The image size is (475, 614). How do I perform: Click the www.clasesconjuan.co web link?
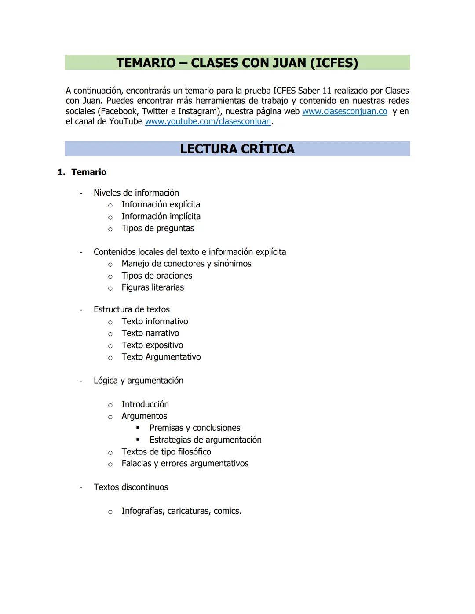click(x=344, y=112)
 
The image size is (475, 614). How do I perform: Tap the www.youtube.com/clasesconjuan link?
click(x=208, y=122)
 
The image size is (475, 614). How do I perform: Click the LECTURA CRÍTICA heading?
click(x=237, y=149)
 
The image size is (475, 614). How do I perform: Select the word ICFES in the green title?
click(x=334, y=63)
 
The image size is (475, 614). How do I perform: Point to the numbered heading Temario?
click(x=88, y=172)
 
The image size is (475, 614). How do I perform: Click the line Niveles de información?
click(x=136, y=193)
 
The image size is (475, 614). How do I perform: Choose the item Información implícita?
click(x=161, y=217)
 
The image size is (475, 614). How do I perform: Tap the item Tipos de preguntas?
click(x=157, y=229)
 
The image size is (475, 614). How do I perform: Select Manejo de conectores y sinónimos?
click(x=186, y=264)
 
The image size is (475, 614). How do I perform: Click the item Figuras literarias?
click(x=153, y=287)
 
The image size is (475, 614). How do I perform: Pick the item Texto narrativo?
click(x=150, y=334)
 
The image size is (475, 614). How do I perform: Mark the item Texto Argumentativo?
click(x=161, y=357)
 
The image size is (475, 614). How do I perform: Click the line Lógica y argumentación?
click(x=138, y=381)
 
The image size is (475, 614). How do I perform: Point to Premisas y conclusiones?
click(x=195, y=428)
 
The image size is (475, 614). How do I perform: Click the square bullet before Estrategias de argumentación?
click(x=138, y=440)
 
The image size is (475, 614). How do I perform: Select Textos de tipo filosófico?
click(x=166, y=452)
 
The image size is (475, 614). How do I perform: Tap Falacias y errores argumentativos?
click(x=185, y=464)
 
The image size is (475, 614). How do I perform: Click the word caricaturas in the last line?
click(x=188, y=511)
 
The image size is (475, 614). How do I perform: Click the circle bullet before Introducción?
click(x=110, y=405)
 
